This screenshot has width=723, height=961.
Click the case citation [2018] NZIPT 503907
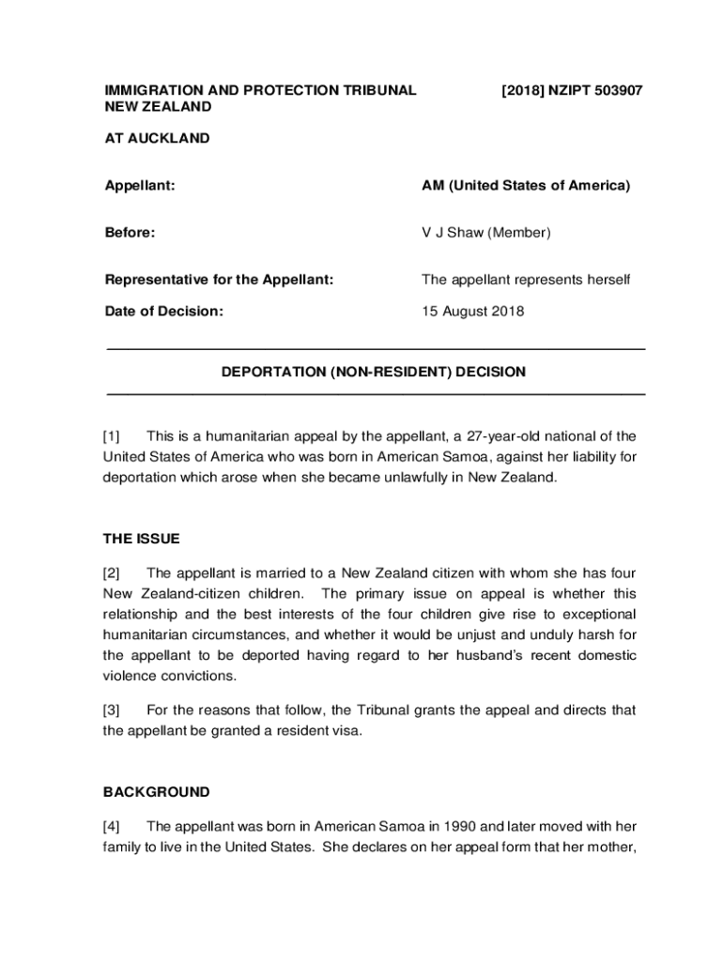[572, 91]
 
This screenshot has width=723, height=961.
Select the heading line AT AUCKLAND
[156, 139]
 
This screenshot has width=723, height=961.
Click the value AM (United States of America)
[525, 186]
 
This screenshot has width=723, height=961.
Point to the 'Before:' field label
[130, 233]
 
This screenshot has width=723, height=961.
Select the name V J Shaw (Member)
[485, 233]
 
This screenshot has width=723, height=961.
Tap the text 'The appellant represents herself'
[526, 280]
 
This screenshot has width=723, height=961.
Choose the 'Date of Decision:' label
[163, 312]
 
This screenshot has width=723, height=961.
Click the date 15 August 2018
[472, 312]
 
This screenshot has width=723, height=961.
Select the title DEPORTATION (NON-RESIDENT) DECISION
[374, 373]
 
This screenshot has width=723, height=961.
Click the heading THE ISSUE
[141, 540]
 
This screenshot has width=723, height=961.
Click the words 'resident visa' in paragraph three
[316, 731]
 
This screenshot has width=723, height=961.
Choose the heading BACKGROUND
[156, 792]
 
